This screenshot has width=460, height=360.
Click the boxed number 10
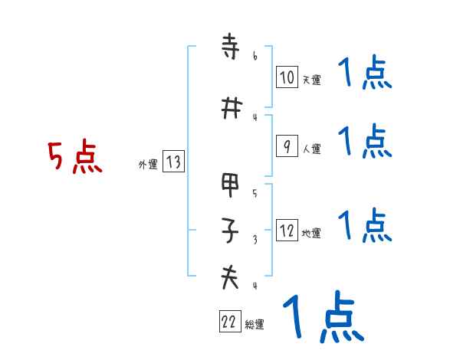286,77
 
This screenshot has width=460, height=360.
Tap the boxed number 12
286,231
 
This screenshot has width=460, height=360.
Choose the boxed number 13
173,162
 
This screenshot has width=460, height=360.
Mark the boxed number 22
229,322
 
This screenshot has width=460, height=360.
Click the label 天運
311,80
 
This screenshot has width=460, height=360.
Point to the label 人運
311,149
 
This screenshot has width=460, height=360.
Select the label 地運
311,234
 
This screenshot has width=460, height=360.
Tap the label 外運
148,164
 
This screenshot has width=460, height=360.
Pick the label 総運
255,325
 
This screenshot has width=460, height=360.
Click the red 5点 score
74,157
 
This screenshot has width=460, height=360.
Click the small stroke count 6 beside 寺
255,56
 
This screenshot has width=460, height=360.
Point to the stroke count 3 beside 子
255,239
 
